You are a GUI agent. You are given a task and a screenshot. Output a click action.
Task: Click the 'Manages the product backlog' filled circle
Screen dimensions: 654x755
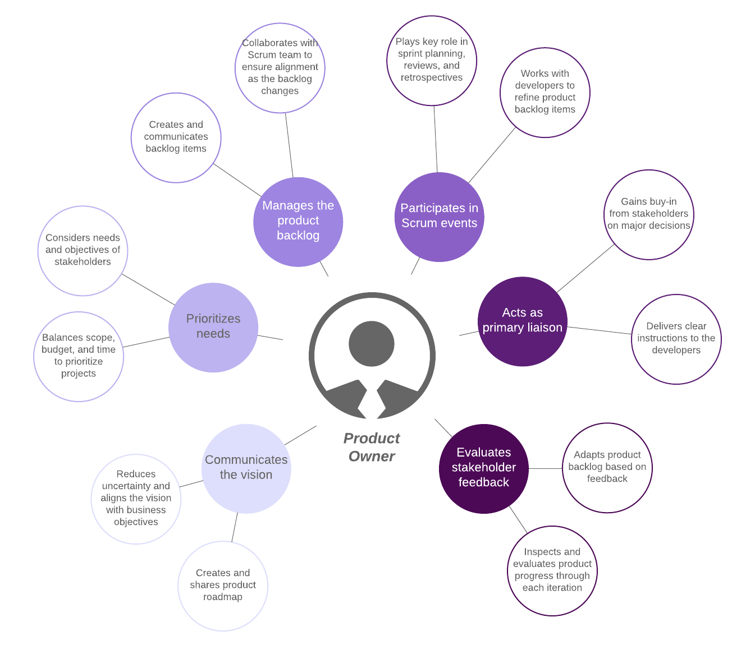pyautogui.click(x=298, y=222)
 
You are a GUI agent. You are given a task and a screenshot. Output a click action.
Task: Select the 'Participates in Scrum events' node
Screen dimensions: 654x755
pyautogui.click(x=439, y=217)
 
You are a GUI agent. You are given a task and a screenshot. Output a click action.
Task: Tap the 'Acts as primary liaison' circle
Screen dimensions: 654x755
pyautogui.click(x=522, y=321)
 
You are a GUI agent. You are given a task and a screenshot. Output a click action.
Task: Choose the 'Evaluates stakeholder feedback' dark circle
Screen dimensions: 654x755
pyautogui.click(x=483, y=468)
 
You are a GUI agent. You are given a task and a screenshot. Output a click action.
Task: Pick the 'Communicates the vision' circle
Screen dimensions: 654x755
pyautogui.click(x=246, y=468)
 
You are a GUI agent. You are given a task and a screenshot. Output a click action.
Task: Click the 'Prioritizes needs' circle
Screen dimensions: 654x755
pyautogui.click(x=213, y=327)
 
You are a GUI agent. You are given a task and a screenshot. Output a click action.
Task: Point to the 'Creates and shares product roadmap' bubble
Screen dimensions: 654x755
pyautogui.click(x=223, y=586)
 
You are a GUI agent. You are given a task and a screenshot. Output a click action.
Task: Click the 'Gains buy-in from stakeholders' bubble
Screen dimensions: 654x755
pyautogui.click(x=648, y=214)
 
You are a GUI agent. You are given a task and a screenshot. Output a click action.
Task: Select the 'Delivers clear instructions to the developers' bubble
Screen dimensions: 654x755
pyautogui.click(x=676, y=339)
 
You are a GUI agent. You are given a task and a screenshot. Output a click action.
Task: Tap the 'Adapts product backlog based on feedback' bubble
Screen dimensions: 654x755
pyautogui.click(x=607, y=467)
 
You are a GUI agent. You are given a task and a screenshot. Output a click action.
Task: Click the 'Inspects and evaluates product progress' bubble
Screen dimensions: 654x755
pyautogui.click(x=552, y=570)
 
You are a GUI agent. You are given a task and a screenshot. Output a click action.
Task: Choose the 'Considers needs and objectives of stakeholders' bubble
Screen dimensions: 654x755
pyautogui.click(x=83, y=250)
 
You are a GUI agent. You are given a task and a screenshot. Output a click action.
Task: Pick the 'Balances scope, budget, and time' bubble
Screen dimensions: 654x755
pyautogui.click(x=79, y=356)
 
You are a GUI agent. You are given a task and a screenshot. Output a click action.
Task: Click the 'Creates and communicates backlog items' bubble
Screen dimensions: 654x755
pyautogui.click(x=176, y=137)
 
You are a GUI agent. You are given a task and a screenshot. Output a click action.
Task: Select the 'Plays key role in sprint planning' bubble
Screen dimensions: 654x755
pyautogui.click(x=432, y=61)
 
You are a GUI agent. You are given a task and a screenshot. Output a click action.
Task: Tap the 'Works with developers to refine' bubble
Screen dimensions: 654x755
pyautogui.click(x=544, y=92)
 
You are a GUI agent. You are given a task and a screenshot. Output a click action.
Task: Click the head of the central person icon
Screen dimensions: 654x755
pyautogui.click(x=372, y=343)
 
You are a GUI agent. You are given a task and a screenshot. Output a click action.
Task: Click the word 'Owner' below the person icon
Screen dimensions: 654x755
pyautogui.click(x=372, y=457)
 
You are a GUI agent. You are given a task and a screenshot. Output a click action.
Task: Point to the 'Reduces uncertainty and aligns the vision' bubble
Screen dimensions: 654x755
pyautogui.click(x=136, y=499)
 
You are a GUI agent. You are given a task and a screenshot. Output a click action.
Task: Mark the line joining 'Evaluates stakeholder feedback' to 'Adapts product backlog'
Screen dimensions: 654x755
pyautogui.click(x=545, y=468)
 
